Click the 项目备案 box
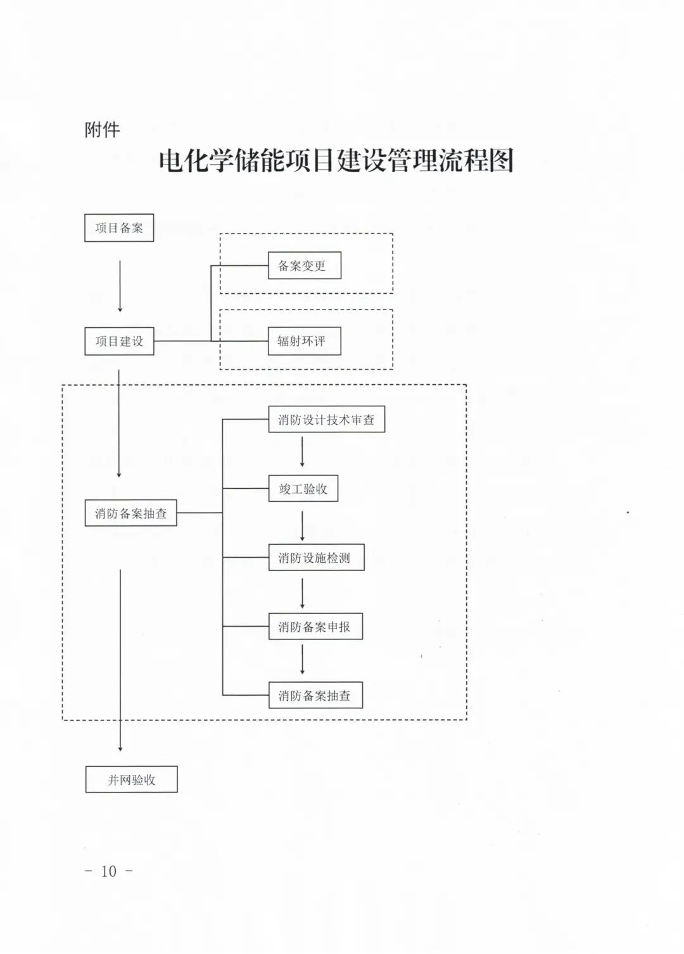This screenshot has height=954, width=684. pyautogui.click(x=119, y=228)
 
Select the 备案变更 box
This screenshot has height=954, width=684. pyautogui.click(x=304, y=266)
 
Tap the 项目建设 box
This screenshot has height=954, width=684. pyautogui.click(x=119, y=341)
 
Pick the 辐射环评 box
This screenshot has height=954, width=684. pyautogui.click(x=304, y=341)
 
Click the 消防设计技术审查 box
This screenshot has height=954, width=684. pyautogui.click(x=326, y=420)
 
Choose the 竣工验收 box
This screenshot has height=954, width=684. pyautogui.click(x=303, y=489)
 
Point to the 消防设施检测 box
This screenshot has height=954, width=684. pyautogui.click(x=316, y=558)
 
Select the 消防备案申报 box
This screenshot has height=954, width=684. pyautogui.click(x=315, y=627)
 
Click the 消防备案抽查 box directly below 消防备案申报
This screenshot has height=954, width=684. pyautogui.click(x=315, y=696)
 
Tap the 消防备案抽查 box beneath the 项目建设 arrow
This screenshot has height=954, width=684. pyautogui.click(x=130, y=513)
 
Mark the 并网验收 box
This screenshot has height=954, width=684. pyautogui.click(x=131, y=780)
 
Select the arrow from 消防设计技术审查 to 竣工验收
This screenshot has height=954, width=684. pyautogui.click(x=302, y=452)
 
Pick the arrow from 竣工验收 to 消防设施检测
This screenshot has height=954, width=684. pyautogui.click(x=302, y=525)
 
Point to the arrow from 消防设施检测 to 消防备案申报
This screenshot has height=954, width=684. pyautogui.click(x=302, y=594)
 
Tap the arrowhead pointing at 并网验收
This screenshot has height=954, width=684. pyautogui.click(x=120, y=748)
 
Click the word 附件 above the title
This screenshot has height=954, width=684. pyautogui.click(x=102, y=130)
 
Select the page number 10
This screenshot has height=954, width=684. pyautogui.click(x=109, y=871)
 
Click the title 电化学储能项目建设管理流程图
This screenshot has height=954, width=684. pyautogui.click(x=336, y=161)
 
